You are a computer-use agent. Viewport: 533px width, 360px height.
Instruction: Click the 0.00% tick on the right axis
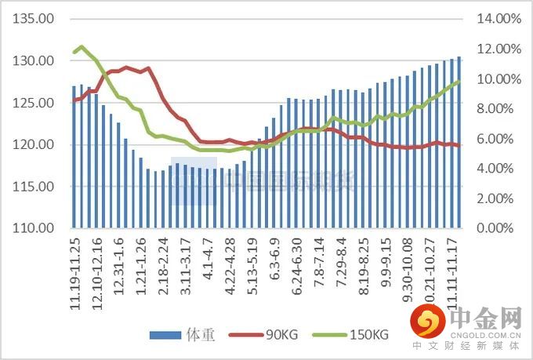point(497,228)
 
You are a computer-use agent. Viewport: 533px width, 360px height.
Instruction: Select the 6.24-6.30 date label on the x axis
point(297,263)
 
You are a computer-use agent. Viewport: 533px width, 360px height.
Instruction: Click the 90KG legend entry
point(258,335)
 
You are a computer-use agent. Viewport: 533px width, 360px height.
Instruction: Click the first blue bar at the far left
point(74,157)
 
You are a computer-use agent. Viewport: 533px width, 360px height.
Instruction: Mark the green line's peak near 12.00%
point(82,47)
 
